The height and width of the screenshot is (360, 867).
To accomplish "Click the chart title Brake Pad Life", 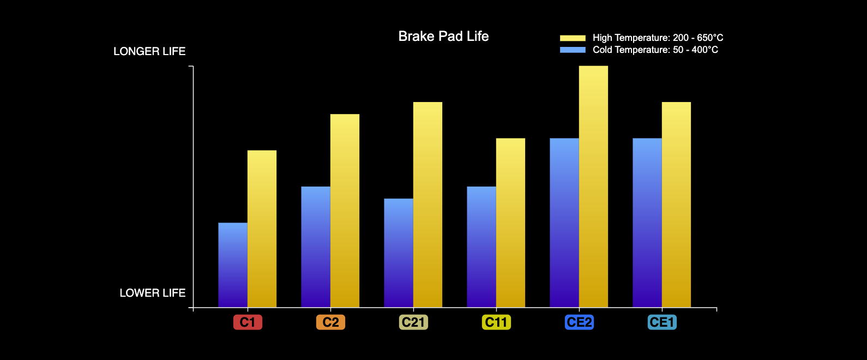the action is pyautogui.click(x=443, y=37).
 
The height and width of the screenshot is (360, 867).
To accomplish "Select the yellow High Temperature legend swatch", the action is pyautogui.click(x=573, y=38).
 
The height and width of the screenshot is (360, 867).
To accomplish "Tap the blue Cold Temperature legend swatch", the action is pyautogui.click(x=573, y=50).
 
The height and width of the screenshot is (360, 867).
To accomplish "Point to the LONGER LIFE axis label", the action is pyautogui.click(x=149, y=51).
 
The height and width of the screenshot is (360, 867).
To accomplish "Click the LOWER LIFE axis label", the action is pyautogui.click(x=153, y=293).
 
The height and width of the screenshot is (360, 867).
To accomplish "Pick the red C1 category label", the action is pyautogui.click(x=248, y=322).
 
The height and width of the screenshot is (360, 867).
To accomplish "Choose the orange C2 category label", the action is pyautogui.click(x=330, y=322).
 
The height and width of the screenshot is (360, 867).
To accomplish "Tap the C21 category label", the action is pyautogui.click(x=413, y=322).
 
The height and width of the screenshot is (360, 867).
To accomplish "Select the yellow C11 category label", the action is pyautogui.click(x=496, y=322).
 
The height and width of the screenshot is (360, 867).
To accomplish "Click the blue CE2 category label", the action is pyautogui.click(x=579, y=322).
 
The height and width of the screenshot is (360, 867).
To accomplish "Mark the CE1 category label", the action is pyautogui.click(x=662, y=322).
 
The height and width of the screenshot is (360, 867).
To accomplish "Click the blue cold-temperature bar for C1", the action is pyautogui.click(x=233, y=265).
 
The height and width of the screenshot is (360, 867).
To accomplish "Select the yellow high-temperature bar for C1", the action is pyautogui.click(x=262, y=229).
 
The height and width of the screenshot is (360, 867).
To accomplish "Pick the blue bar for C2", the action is pyautogui.click(x=316, y=247).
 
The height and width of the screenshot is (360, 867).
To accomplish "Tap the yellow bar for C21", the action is pyautogui.click(x=428, y=205).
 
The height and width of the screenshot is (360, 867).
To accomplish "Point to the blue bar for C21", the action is pyautogui.click(x=399, y=253).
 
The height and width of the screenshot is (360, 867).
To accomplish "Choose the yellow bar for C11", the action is pyautogui.click(x=510, y=223).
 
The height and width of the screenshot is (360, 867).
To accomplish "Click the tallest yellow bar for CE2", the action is pyautogui.click(x=593, y=187).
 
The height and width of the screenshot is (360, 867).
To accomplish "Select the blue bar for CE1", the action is pyautogui.click(x=647, y=223).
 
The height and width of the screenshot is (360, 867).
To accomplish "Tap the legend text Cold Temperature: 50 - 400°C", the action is pyautogui.click(x=655, y=50).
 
